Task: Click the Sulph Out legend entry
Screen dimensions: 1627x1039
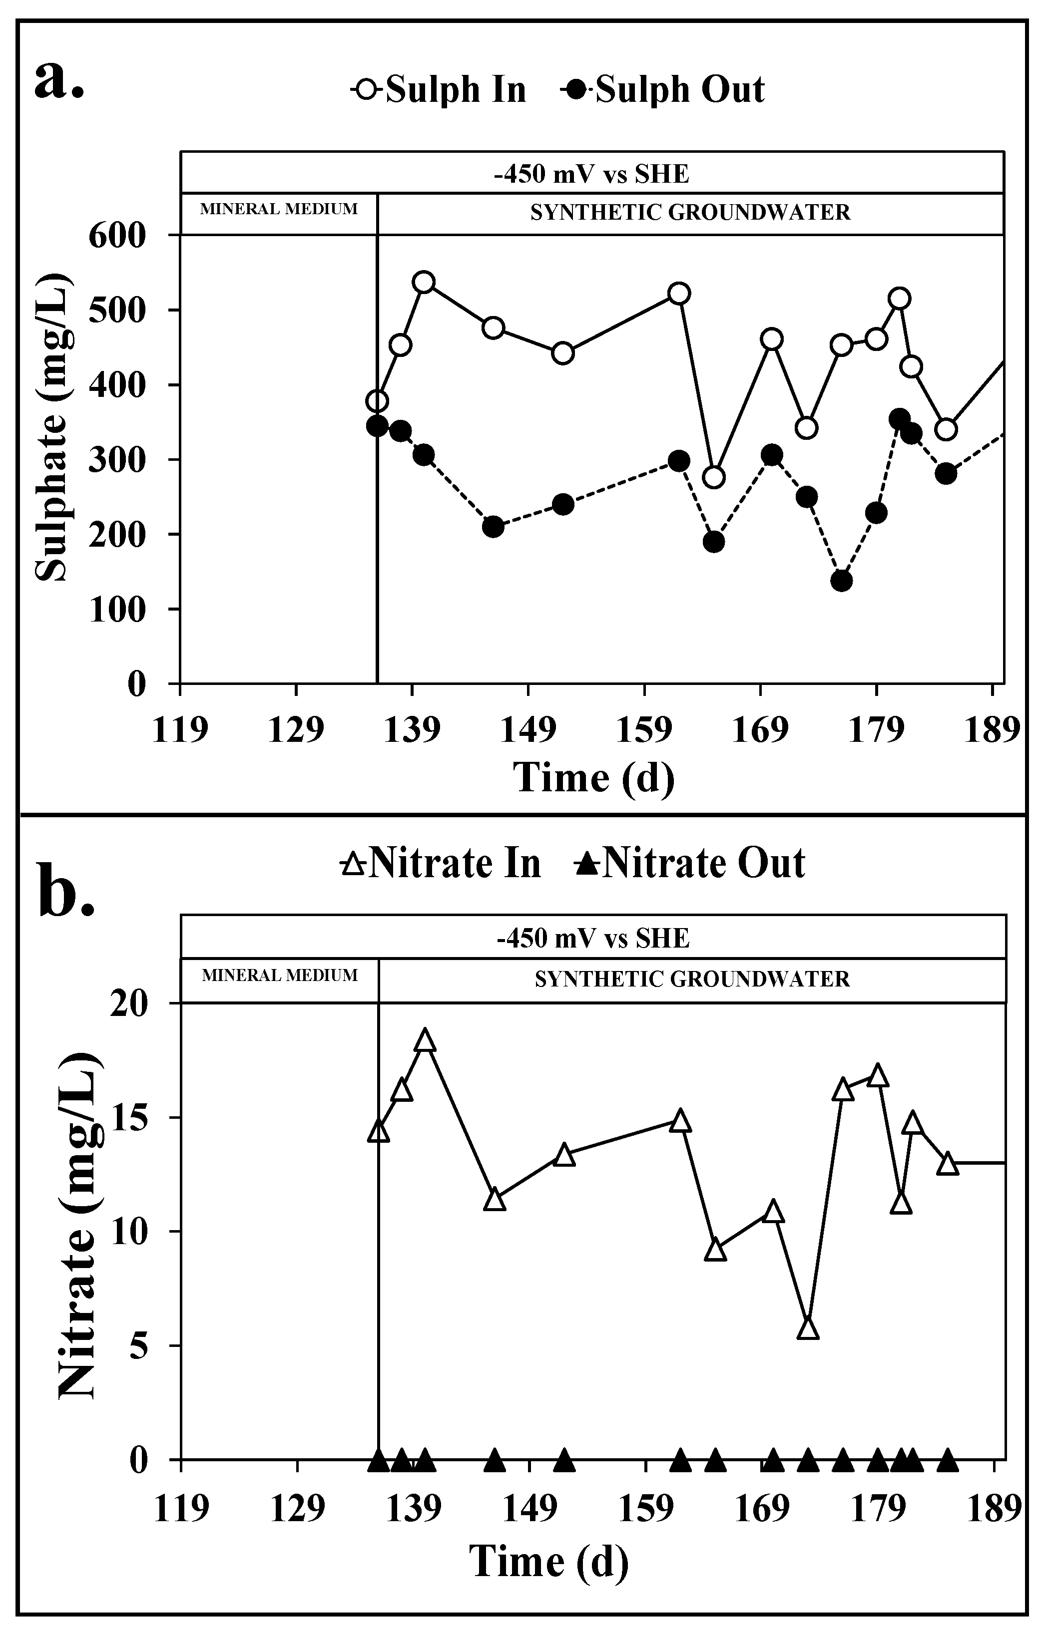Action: [x=662, y=90]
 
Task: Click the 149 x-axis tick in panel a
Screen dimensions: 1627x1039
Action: [x=527, y=730]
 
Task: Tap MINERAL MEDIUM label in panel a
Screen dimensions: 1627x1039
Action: [x=279, y=210]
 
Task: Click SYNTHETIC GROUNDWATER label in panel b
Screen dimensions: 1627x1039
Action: [x=691, y=979]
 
